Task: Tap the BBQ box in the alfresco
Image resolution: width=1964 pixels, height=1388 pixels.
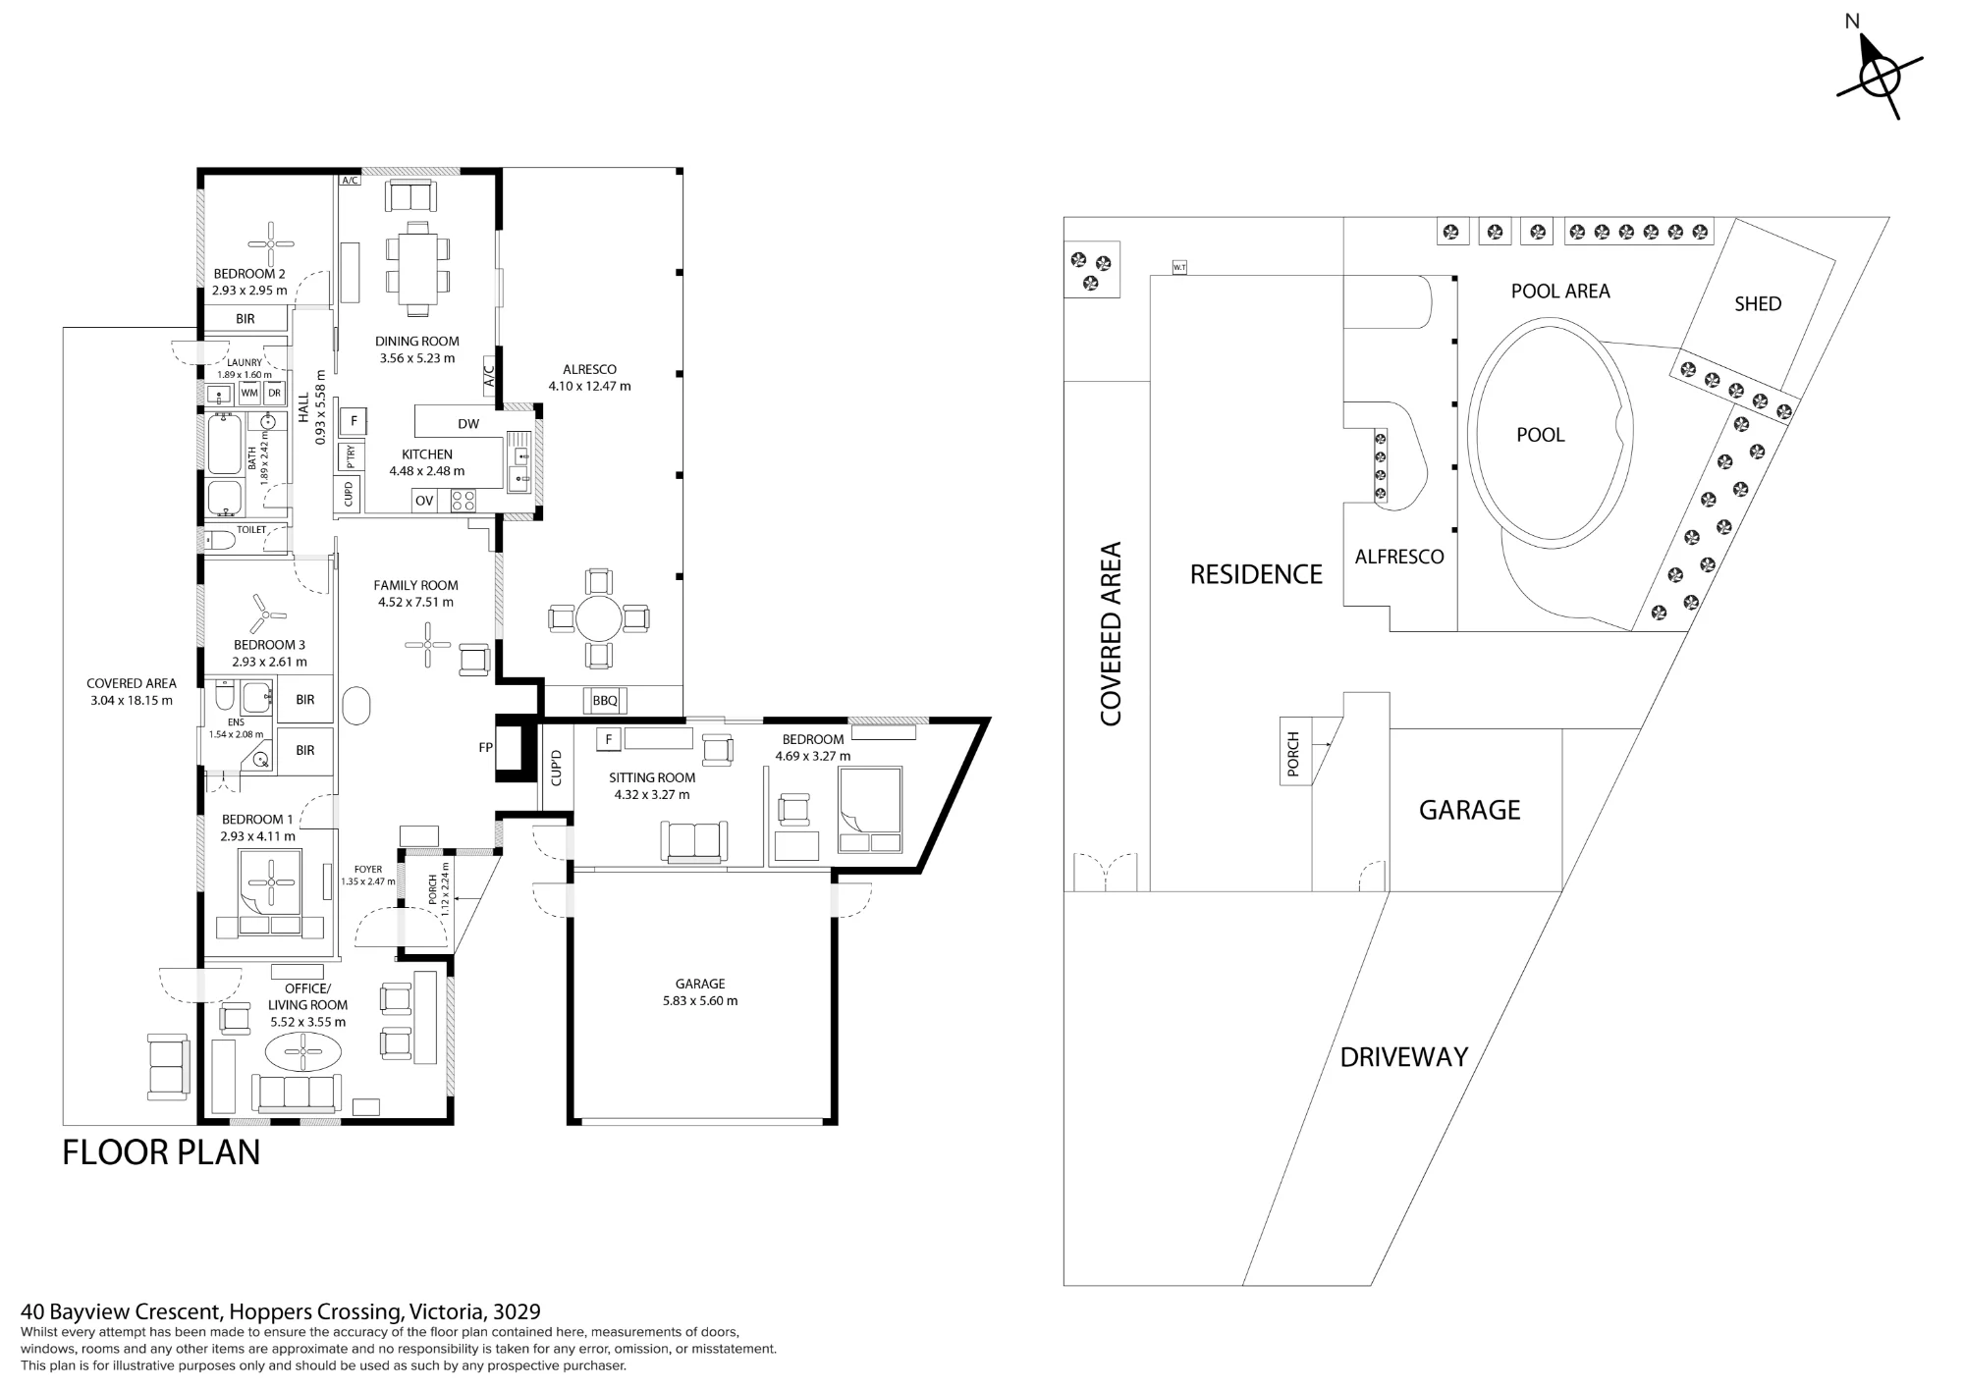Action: point(606,700)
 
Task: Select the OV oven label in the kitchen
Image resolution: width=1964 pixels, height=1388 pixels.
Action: point(424,501)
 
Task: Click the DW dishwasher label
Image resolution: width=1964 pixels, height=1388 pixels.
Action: point(468,424)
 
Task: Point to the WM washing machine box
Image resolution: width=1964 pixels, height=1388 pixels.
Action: point(249,394)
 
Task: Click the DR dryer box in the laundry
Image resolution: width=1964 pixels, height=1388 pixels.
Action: point(274,394)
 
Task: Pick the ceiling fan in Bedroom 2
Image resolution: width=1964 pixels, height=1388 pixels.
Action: point(271,244)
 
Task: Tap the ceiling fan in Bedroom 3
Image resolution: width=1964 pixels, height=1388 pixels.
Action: point(263,614)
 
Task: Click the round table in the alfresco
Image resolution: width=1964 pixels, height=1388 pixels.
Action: point(598,619)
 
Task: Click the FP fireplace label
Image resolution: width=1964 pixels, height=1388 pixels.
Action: point(485,747)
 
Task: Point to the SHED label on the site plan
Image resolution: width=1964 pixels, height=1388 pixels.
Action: point(1758,304)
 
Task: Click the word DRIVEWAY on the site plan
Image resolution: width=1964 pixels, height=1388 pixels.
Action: point(1403,1057)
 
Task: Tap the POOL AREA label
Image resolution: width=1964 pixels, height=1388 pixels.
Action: point(1560,292)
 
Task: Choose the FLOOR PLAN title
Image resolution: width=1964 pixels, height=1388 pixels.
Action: point(161,1152)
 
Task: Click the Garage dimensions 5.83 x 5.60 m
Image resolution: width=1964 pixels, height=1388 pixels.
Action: point(700,1001)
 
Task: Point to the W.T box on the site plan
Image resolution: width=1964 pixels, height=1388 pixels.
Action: point(1179,267)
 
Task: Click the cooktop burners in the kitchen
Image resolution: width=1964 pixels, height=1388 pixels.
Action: point(463,501)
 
